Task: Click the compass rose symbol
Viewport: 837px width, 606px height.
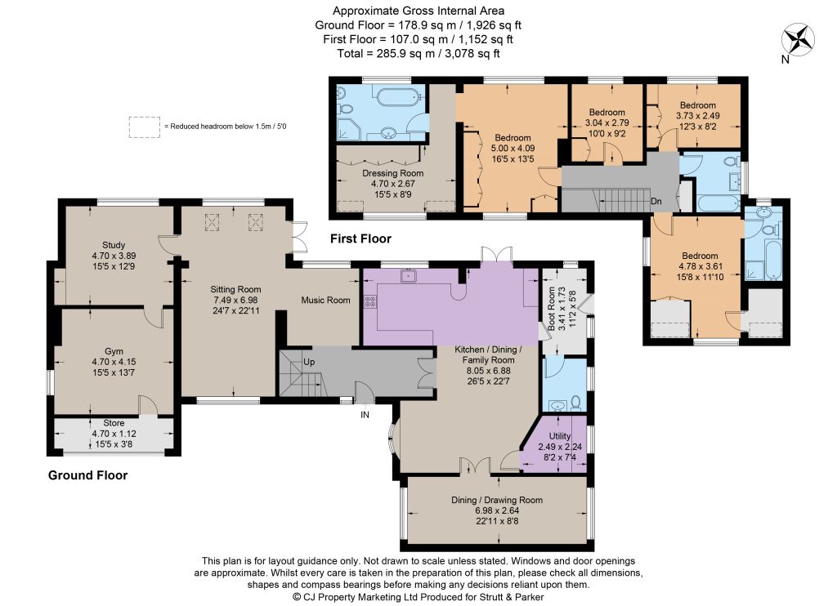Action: point(798,40)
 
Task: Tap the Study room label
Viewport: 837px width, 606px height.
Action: point(114,245)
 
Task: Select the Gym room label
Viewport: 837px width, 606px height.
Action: point(114,351)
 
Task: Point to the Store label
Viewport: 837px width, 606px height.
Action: point(114,423)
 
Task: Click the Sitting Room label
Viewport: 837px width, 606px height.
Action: point(235,290)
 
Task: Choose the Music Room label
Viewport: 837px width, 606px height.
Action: point(325,301)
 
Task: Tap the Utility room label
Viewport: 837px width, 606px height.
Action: point(560,436)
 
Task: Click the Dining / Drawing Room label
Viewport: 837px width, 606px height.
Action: point(497,500)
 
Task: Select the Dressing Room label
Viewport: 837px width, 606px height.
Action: point(393,173)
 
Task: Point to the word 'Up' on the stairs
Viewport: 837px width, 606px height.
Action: point(309,362)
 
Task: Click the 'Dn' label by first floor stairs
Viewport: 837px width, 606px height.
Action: point(656,201)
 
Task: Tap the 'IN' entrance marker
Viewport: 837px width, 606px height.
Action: point(365,415)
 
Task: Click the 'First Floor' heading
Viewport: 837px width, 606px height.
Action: point(360,238)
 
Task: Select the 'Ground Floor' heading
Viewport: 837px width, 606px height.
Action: point(88,475)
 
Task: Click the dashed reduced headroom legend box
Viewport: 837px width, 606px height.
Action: point(144,127)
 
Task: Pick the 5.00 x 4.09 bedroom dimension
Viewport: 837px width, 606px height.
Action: point(513,149)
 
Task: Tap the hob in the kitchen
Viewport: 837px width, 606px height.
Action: point(370,302)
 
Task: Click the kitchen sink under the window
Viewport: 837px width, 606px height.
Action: point(409,276)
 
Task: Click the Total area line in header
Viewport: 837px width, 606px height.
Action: point(418,53)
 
